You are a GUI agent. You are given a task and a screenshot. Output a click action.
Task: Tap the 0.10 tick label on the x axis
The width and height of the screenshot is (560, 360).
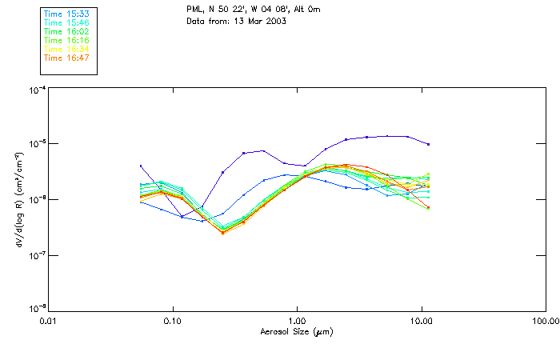click(172, 321)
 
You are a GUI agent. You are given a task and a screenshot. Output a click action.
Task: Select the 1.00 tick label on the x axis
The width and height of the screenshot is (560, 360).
click(297, 321)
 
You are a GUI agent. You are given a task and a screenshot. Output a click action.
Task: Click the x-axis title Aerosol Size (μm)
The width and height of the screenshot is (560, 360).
click(297, 331)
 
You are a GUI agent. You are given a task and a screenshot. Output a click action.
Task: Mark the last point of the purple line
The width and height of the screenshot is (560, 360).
click(430, 145)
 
